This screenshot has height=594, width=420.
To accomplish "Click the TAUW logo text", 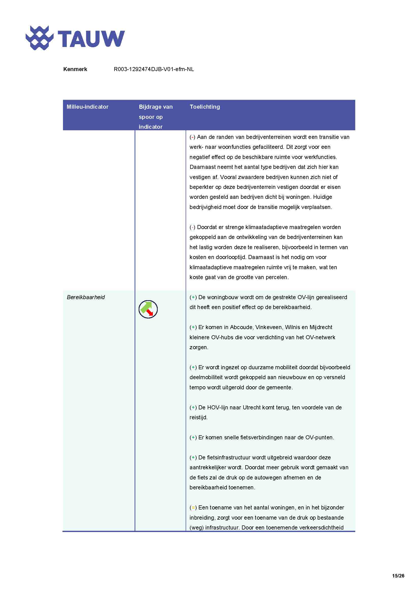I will [91, 39].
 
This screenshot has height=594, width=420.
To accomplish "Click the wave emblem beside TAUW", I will [39, 38].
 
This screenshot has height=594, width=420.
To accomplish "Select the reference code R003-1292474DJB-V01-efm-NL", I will [154, 69].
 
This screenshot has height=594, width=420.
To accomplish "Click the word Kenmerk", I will [75, 69].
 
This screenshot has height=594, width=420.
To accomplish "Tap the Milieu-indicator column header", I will [87, 107].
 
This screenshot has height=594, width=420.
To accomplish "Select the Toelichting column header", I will [205, 107].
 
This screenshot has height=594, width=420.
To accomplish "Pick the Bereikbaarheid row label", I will [86, 297].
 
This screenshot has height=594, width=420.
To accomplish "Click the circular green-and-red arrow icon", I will [148, 309].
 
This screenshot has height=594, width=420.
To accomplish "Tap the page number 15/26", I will [398, 576].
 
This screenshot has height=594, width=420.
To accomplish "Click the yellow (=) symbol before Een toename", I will [193, 508].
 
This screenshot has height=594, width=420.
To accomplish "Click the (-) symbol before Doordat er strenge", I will [192, 227].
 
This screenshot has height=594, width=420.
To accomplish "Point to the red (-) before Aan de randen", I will [192, 137].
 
